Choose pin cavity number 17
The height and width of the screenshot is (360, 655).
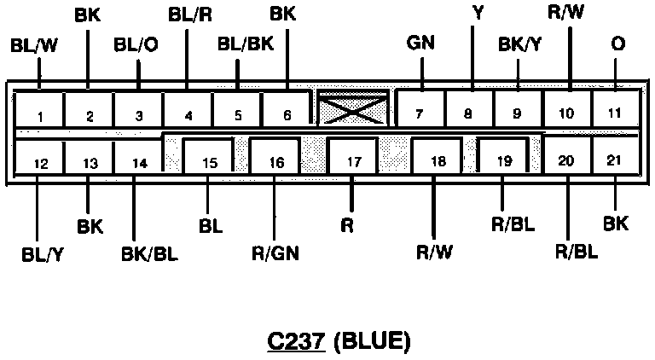pos(351,159)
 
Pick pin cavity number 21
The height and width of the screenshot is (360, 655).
pos(615,159)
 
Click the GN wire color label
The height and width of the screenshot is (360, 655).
pos(420,42)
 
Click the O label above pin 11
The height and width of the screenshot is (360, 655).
pos(617,42)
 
